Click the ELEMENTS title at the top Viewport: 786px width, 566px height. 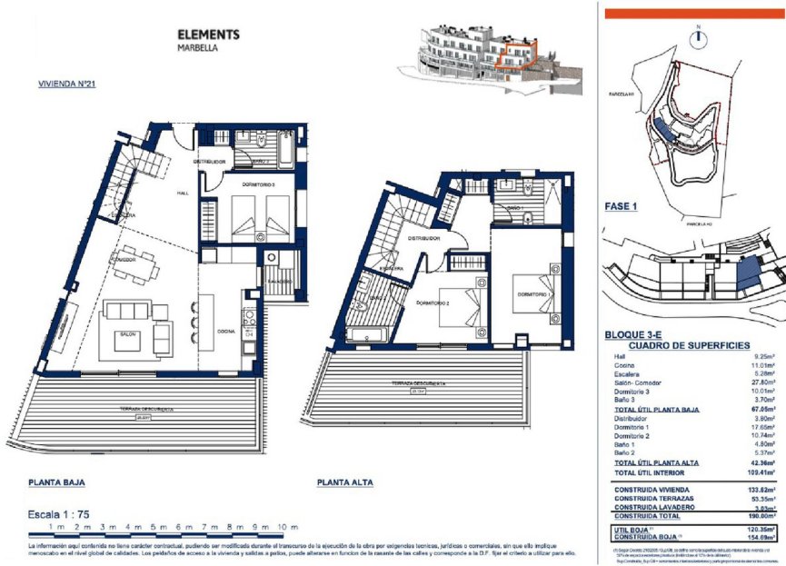208,35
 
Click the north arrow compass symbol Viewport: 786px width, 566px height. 699,38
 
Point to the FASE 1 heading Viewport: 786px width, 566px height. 621,206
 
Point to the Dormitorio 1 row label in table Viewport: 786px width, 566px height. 632,426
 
